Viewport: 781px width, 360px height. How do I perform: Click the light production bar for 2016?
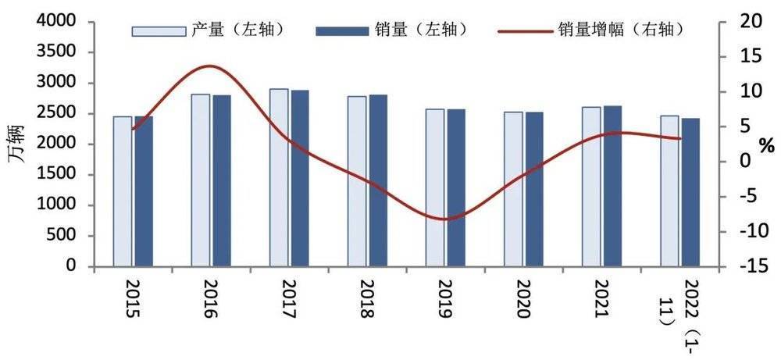(201, 180)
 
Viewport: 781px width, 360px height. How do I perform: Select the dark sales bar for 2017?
(299, 179)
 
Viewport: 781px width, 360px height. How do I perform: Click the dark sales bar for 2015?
(144, 191)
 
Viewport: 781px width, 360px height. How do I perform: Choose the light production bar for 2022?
(669, 191)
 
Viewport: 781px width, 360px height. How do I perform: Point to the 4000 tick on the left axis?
(70, 22)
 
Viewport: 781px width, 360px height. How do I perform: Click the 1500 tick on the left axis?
(70, 175)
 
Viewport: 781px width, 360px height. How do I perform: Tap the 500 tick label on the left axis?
(73, 236)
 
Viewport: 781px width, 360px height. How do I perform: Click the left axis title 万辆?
(16, 143)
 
